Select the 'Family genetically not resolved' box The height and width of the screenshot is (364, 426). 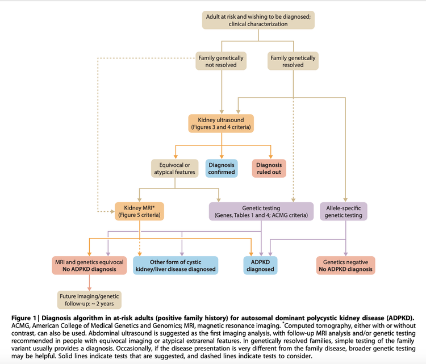click(x=222, y=61)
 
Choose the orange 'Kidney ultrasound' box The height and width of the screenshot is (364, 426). click(x=222, y=124)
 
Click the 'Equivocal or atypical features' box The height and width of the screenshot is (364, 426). click(x=174, y=168)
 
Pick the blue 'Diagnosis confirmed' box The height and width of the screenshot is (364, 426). click(x=221, y=168)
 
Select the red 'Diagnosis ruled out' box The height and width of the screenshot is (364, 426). click(x=270, y=168)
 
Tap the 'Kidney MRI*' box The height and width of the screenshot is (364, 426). click(x=140, y=211)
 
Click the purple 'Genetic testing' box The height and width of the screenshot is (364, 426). click(x=261, y=211)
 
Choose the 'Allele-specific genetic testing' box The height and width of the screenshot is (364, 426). click(x=344, y=211)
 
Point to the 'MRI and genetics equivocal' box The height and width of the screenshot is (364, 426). click(x=87, y=265)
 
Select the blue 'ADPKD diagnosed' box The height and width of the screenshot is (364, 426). click(x=261, y=265)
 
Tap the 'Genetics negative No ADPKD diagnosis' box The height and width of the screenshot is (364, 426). click(x=345, y=265)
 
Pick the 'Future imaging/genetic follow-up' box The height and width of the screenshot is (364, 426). click(x=88, y=299)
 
